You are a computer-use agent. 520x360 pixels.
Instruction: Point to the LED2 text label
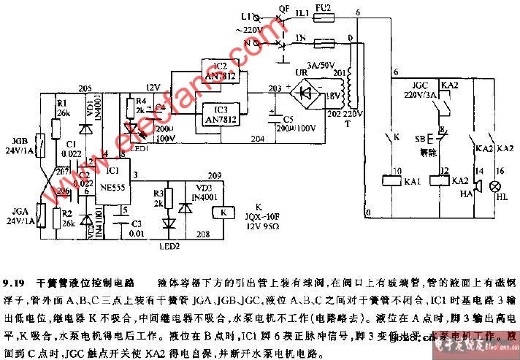coord(171,246)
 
